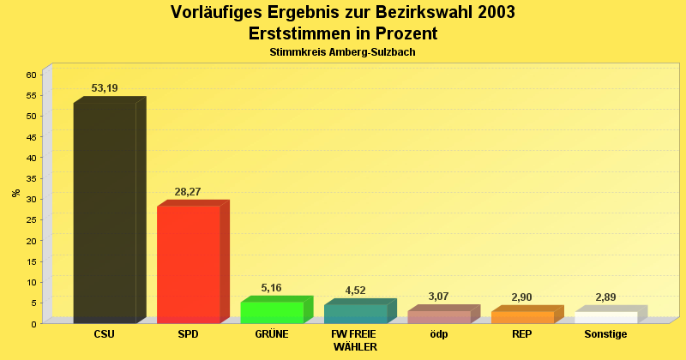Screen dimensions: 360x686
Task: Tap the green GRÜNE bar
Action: pyautogui.click(x=272, y=312)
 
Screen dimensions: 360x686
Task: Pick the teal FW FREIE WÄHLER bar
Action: pyautogui.click(x=355, y=314)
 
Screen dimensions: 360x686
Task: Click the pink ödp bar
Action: pyautogui.click(x=439, y=316)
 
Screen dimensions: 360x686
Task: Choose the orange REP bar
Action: pyautogui.click(x=522, y=317)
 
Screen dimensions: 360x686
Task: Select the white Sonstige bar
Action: pyautogui.click(x=605, y=317)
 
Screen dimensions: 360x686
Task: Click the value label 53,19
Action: pyautogui.click(x=105, y=88)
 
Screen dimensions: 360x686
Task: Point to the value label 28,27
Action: pyautogui.click(x=188, y=192)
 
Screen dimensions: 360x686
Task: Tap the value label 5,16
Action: pyautogui.click(x=271, y=288)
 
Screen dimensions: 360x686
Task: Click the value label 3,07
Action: pyautogui.click(x=438, y=297)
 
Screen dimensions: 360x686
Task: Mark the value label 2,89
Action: pyautogui.click(x=605, y=297)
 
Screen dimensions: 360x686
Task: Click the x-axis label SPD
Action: pyautogui.click(x=188, y=334)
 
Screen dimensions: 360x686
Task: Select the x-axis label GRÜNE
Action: pyautogui.click(x=272, y=334)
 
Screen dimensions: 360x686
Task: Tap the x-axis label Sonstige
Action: pyautogui.click(x=605, y=334)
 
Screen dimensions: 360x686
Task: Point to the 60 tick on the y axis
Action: pyautogui.click(x=31, y=75)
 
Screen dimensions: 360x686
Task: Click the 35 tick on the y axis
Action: pyautogui.click(x=31, y=178)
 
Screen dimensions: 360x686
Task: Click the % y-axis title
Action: pyautogui.click(x=15, y=193)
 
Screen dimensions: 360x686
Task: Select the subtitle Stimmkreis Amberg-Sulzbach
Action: pyautogui.click(x=343, y=52)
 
